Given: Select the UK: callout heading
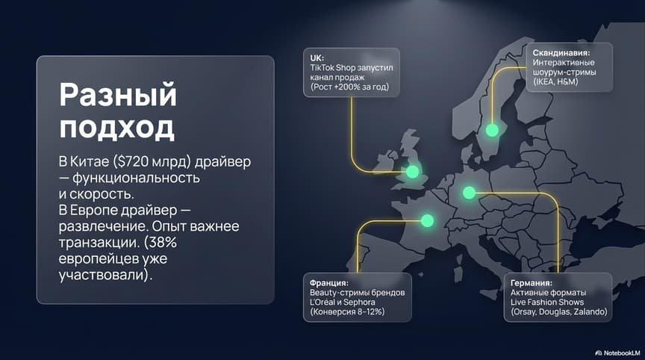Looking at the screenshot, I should [x=317, y=57].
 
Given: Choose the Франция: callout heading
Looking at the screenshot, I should [x=329, y=283].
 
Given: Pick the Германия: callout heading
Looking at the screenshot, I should [x=532, y=283].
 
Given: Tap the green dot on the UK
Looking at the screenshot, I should [x=412, y=172].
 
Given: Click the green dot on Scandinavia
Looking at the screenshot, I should [x=492, y=130].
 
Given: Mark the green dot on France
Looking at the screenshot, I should [x=427, y=220].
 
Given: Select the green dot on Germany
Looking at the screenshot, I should [x=469, y=193].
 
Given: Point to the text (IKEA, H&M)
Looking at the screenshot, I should [x=555, y=82].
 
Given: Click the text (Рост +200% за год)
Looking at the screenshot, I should [x=349, y=87].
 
